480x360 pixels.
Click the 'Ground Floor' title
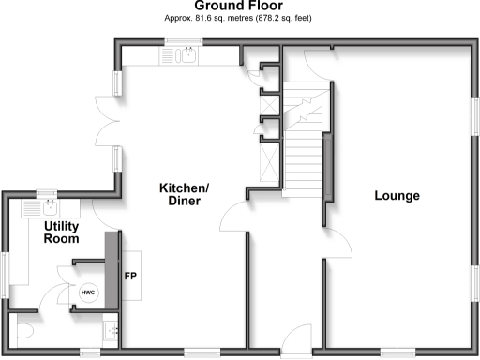(x=238, y=6)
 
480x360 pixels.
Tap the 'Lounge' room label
(x=397, y=196)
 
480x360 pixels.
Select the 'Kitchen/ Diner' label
(x=183, y=194)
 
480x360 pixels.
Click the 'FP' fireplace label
(x=130, y=276)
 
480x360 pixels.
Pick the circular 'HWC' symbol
(x=88, y=292)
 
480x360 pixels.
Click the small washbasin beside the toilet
(x=112, y=329)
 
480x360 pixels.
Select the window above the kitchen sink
(x=181, y=41)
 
